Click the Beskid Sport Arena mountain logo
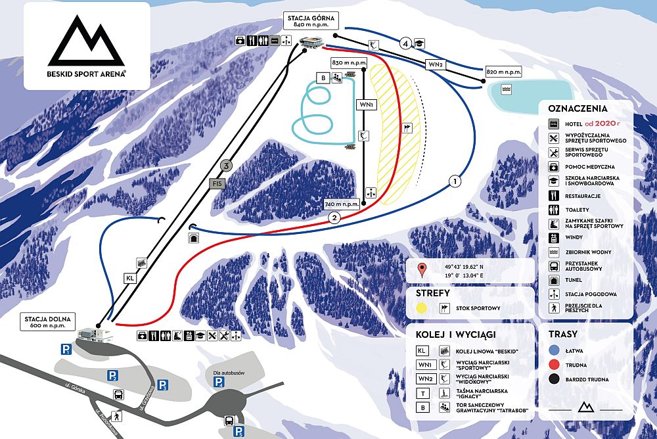(87, 42)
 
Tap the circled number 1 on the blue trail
(454, 179)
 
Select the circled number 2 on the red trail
(334, 218)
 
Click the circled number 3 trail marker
(227, 166)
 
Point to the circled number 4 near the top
(406, 43)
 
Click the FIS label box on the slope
(217, 184)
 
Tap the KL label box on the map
(129, 278)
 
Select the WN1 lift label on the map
(365, 104)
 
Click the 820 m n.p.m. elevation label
(503, 72)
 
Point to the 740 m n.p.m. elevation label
(343, 204)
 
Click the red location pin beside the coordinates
(423, 269)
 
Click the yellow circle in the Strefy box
(422, 308)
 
